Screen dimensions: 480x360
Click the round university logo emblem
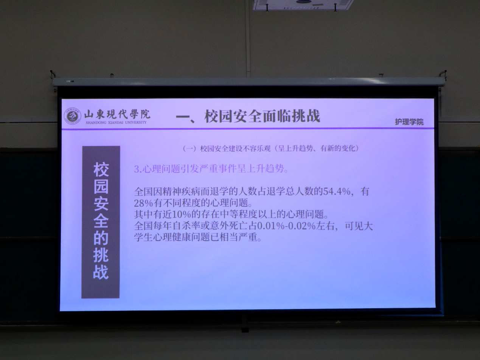(x=73, y=116)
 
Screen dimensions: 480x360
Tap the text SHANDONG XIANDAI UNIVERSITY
(x=116, y=123)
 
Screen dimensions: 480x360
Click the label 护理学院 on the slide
(x=409, y=122)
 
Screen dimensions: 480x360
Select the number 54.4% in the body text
(x=337, y=191)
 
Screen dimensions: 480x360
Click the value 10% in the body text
(x=182, y=215)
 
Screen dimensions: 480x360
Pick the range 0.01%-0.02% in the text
(x=286, y=226)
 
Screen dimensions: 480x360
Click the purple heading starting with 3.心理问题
(x=211, y=169)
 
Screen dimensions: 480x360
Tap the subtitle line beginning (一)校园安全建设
(x=271, y=149)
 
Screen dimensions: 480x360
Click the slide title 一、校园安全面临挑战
(x=248, y=116)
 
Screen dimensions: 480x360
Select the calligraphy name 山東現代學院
(x=117, y=114)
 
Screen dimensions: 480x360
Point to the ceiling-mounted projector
(x=303, y=5)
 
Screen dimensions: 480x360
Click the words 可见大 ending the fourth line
(x=359, y=226)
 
